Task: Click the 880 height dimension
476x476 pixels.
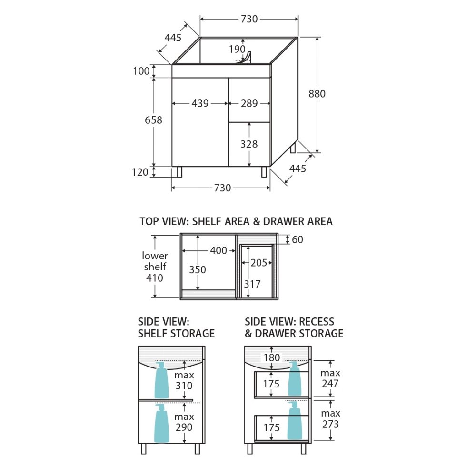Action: click(x=317, y=94)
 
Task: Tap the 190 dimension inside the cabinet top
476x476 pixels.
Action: click(x=237, y=49)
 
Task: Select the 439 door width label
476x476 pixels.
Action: click(x=200, y=103)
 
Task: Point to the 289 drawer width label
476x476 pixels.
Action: click(x=249, y=103)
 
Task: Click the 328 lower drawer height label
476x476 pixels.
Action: click(x=249, y=144)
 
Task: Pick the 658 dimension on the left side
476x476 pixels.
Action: click(x=153, y=120)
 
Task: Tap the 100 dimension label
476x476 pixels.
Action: click(x=141, y=71)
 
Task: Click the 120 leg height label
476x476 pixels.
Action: click(x=140, y=172)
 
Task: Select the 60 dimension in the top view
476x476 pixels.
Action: click(x=297, y=239)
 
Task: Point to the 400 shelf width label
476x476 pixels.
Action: click(x=218, y=250)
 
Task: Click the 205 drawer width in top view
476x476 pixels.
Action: click(x=258, y=263)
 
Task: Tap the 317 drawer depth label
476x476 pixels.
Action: click(x=252, y=284)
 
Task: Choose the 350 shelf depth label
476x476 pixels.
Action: click(x=198, y=269)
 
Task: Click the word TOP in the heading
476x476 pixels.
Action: click(x=149, y=221)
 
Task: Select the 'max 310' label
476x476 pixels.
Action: click(x=184, y=380)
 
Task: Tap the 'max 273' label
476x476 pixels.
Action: click(x=330, y=418)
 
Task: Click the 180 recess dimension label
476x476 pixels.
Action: click(x=271, y=357)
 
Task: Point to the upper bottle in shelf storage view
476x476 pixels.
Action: click(x=161, y=380)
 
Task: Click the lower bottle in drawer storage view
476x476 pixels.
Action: click(x=295, y=421)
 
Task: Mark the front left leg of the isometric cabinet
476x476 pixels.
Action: click(x=179, y=172)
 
